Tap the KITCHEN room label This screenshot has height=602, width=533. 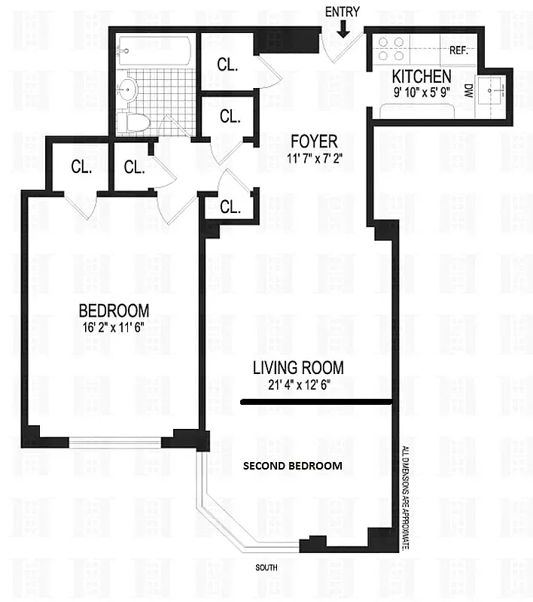click(421, 76)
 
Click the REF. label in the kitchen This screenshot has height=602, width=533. click(459, 51)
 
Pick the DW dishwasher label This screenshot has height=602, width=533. click(467, 91)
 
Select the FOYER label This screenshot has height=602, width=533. click(312, 141)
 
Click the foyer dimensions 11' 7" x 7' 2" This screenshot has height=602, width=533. click(312, 158)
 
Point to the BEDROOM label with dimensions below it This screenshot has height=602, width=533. click(114, 309)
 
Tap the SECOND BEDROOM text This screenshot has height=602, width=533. click(292, 466)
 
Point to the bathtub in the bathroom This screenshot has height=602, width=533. click(154, 50)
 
